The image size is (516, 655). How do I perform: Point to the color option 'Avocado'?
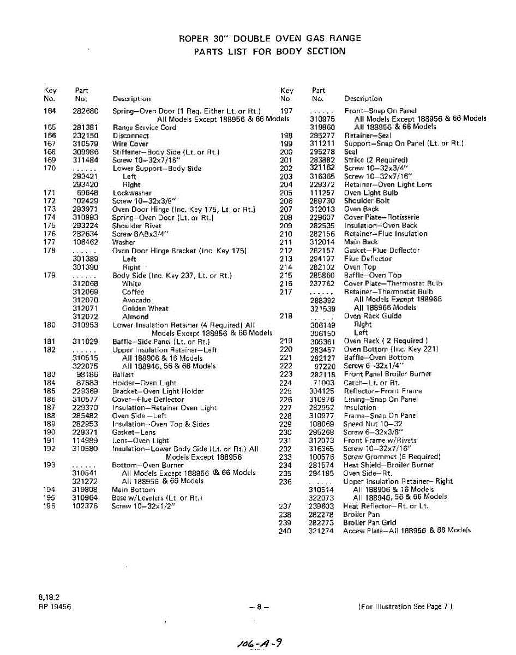coord(136,300)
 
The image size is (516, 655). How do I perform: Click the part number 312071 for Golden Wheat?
coord(85,308)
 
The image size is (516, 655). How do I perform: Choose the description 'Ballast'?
coord(123,375)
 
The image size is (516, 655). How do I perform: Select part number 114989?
coord(85,440)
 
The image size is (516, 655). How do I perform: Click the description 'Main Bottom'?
coord(133,490)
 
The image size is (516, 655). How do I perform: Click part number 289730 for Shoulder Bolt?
coord(322,201)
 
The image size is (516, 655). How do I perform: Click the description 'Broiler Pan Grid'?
coord(369,522)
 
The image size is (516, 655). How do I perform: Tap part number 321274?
coord(321,531)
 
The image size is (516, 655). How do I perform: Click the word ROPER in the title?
coord(194,38)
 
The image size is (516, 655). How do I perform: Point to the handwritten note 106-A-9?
coord(258,643)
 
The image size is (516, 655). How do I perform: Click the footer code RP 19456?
coord(55,606)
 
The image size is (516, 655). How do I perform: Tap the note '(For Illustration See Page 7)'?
coord(406,606)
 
